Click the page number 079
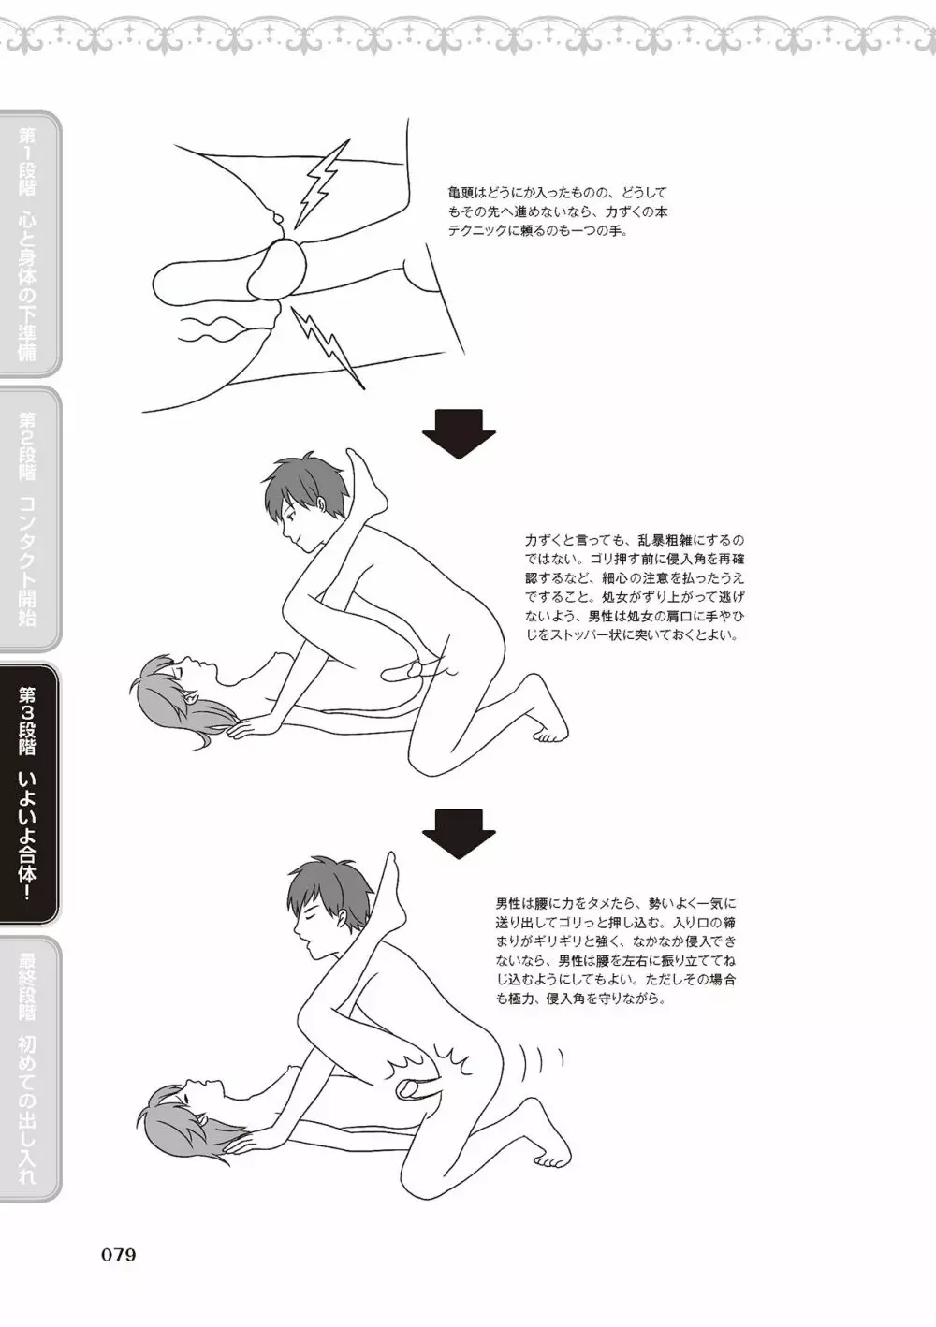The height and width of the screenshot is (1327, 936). tap(119, 1254)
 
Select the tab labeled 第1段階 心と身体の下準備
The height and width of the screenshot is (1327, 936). tap(29, 244)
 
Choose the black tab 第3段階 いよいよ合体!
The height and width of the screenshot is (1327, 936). tap(29, 794)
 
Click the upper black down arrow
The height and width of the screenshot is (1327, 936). tap(459, 433)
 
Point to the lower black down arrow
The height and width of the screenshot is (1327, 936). tap(459, 834)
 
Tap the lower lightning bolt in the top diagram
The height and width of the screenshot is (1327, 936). tap(327, 346)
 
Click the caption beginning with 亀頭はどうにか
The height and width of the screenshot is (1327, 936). tap(558, 211)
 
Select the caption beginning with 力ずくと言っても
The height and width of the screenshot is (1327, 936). tap(635, 588)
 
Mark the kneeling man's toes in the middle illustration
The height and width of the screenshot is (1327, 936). tap(549, 736)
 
